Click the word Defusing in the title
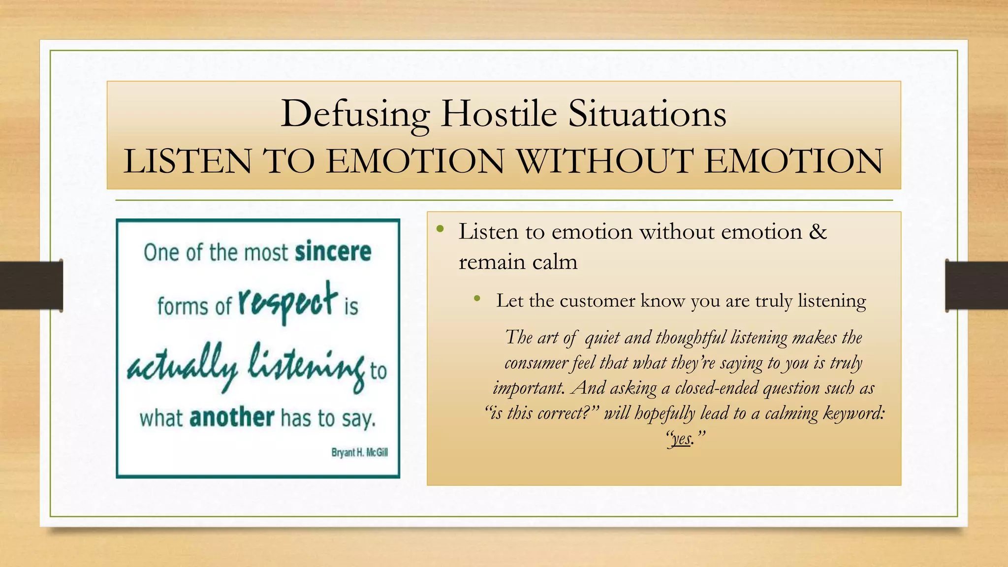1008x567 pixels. point(355,114)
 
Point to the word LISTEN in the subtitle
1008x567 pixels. point(187,161)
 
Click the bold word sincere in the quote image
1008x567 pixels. point(333,252)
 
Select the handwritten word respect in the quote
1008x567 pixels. point(288,301)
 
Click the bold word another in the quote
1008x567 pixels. point(232,418)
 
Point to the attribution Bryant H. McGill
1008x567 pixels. point(359,452)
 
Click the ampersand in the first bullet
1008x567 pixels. point(818,231)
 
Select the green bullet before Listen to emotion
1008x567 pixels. point(440,229)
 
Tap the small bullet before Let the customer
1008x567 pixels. point(476,299)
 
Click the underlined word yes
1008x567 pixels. point(682,438)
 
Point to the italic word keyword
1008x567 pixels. point(854,413)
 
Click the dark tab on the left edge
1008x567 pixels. point(31,285)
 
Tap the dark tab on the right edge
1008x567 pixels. point(976,285)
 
